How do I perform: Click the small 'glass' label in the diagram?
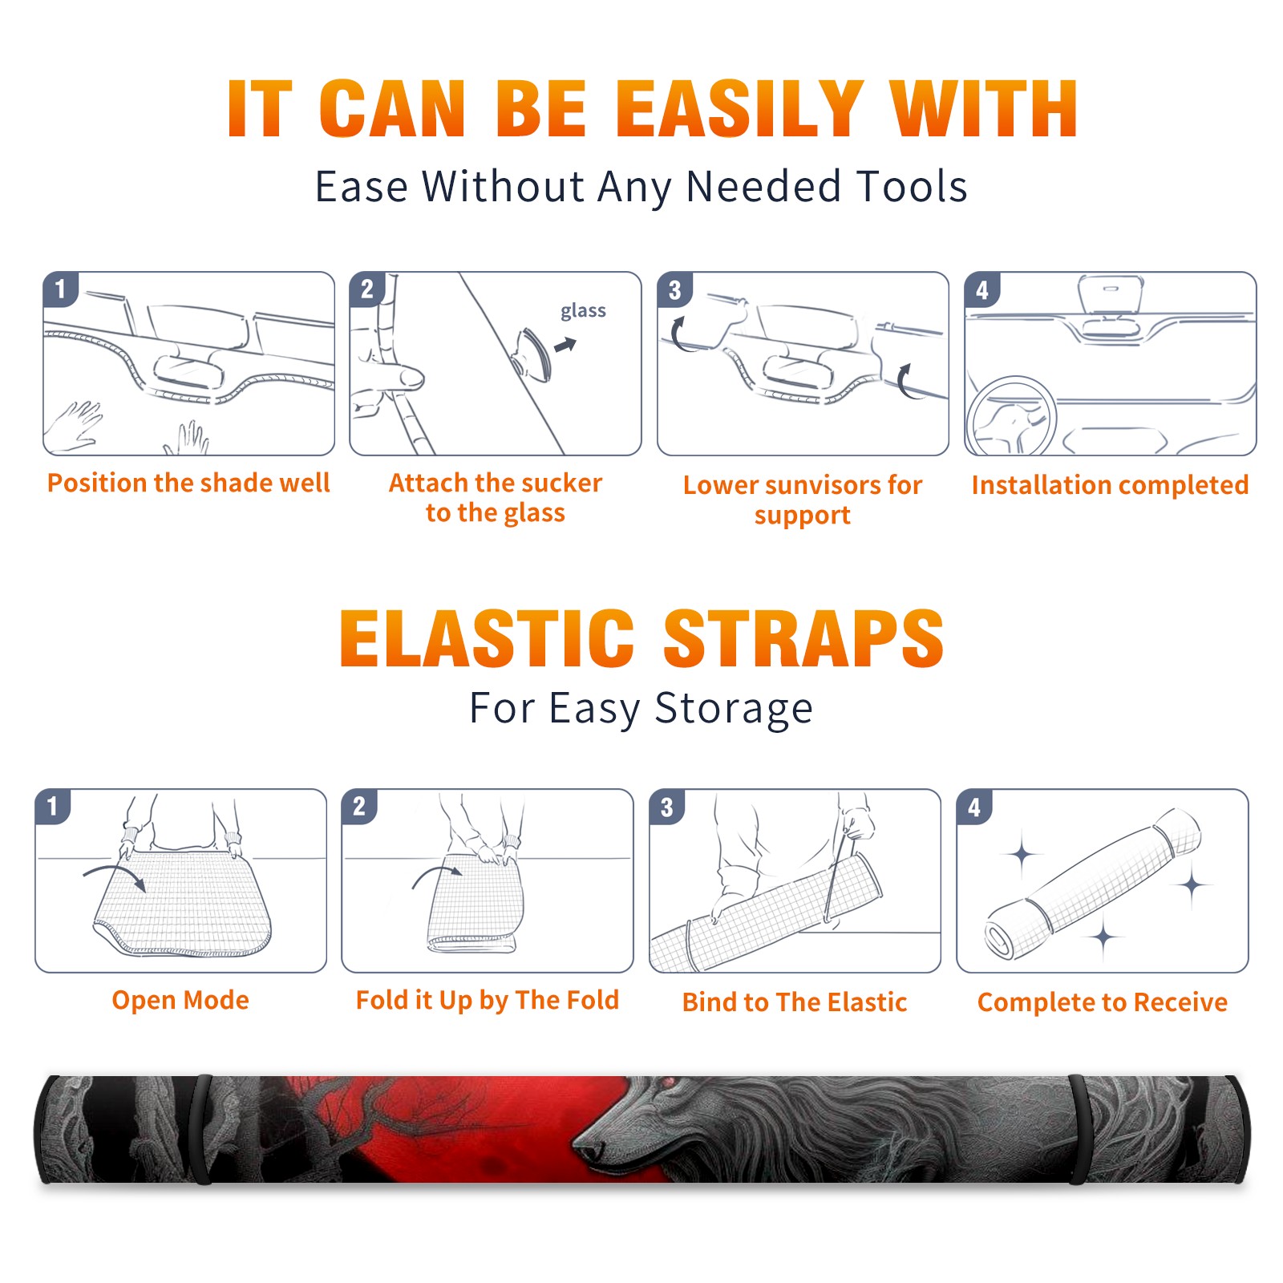583,311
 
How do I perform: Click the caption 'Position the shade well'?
188,483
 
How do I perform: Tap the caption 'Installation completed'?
1110,485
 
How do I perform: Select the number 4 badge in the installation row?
981,289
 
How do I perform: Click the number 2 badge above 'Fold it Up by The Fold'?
359,806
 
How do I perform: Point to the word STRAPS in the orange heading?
803,638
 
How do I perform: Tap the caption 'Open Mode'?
180,1000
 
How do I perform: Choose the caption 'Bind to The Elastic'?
795,1002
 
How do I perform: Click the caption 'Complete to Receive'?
1103,1002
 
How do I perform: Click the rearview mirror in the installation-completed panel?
1111,294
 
